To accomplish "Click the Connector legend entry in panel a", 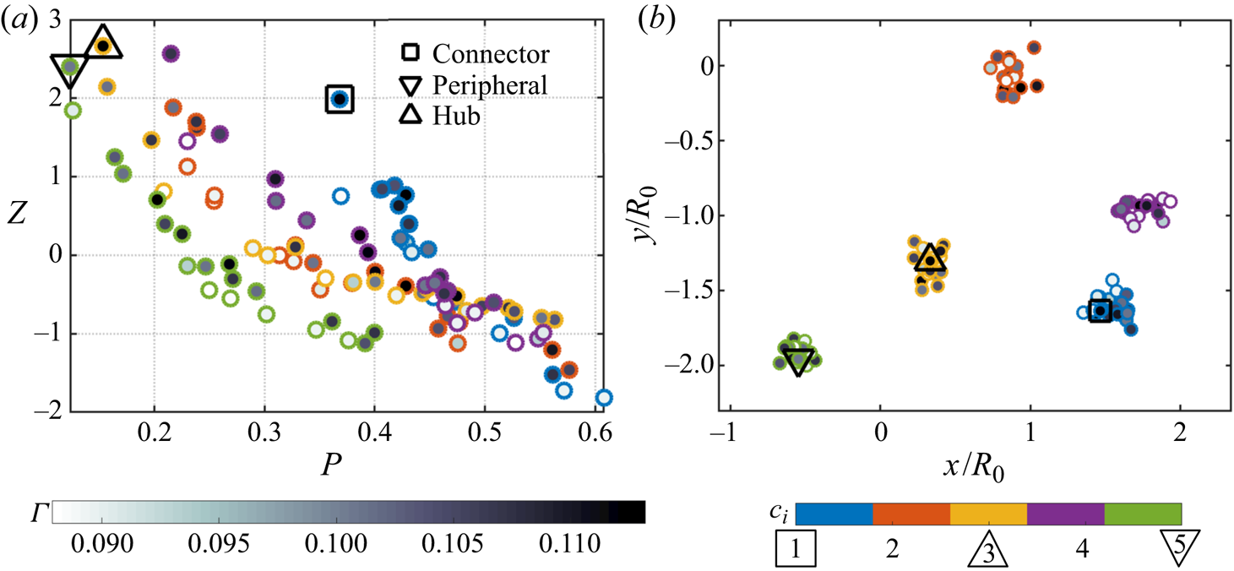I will click(x=490, y=54).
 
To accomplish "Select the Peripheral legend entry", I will click(x=490, y=85).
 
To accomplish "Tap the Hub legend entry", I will click(x=456, y=116).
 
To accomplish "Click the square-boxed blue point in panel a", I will click(x=339, y=100).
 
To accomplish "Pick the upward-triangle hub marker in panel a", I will click(x=102, y=45).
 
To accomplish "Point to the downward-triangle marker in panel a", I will click(x=70, y=68).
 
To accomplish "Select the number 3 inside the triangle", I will click(x=987, y=553).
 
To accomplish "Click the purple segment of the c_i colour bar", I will click(x=1065, y=514).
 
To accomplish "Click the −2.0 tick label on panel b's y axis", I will click(x=679, y=365).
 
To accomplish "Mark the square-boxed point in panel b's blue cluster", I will click(x=1100, y=312).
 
